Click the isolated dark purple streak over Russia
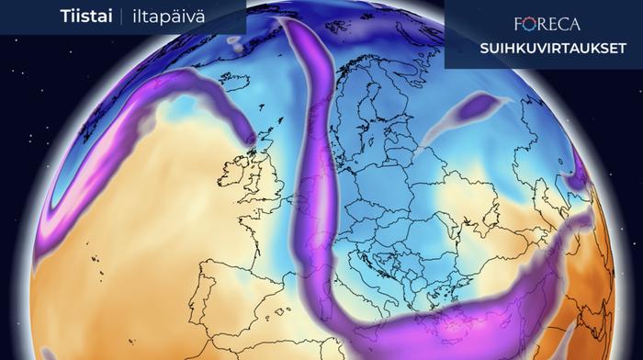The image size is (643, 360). [x=478, y=110]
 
